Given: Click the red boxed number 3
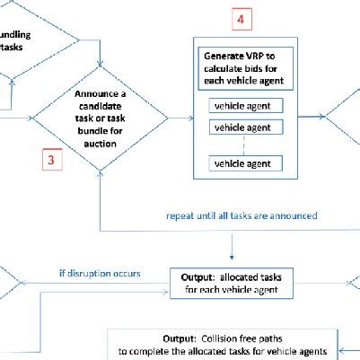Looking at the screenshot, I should coord(52,162).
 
